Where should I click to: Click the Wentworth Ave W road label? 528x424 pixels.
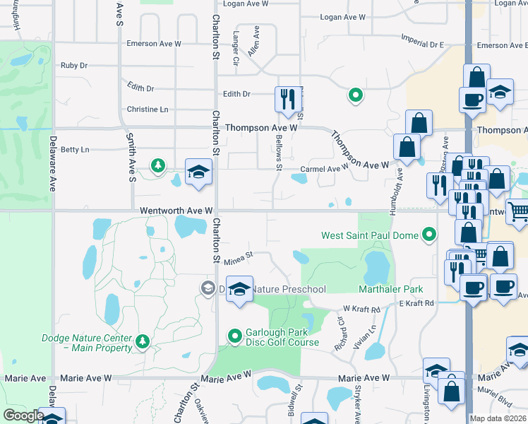[176, 211]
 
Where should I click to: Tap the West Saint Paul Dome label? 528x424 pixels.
[370, 235]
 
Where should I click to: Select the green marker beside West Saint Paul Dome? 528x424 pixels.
[428, 235]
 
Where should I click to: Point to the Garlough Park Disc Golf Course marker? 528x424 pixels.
[234, 335]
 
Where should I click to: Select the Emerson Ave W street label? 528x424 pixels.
[154, 44]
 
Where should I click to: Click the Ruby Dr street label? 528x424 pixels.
[73, 66]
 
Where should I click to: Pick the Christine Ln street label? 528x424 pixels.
[148, 110]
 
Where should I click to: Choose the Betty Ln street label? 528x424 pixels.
[75, 150]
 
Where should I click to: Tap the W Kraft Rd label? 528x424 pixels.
[361, 309]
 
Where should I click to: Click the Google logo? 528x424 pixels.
[23, 415]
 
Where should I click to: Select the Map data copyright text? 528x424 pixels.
[498, 418]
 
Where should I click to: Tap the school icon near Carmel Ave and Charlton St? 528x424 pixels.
[199, 172]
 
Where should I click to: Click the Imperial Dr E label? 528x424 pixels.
[421, 44]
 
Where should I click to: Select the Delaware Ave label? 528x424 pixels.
[52, 173]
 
